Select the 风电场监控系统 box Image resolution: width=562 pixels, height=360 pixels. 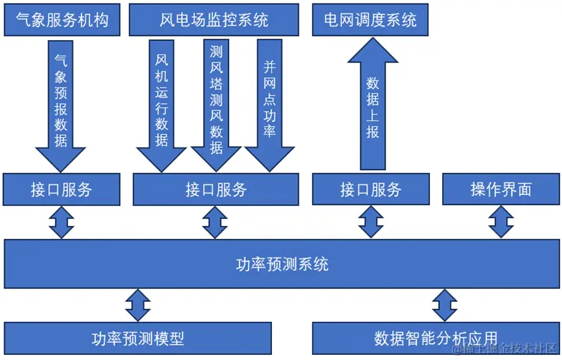coord(214,19)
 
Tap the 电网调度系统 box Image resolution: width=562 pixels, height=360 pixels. coord(370,19)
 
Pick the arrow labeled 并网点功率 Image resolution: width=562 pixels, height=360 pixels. coord(270,100)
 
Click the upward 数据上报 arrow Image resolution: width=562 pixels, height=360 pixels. coord(371,100)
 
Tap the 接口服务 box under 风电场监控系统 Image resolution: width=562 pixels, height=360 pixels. coord(215,189)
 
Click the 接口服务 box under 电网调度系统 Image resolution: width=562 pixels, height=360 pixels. coord(370,189)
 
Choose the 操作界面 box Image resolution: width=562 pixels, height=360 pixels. coord(501,189)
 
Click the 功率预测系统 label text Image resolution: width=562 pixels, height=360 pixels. coord(282,264)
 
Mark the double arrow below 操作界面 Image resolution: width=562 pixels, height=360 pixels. coord(501,222)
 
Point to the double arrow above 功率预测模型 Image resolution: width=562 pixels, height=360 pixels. coord(138,305)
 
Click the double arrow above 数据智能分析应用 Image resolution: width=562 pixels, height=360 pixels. coord(444,305)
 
